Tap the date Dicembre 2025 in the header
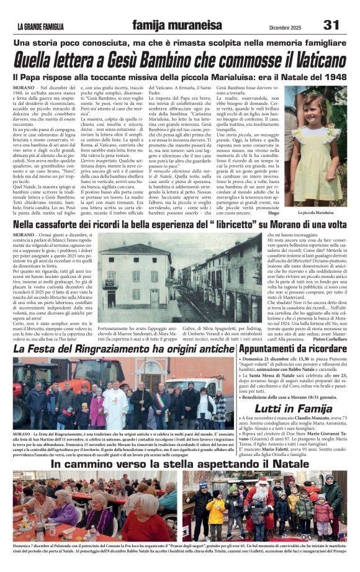(x=279, y=26)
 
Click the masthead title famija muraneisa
(x=176, y=25)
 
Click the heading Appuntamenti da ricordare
(x=291, y=349)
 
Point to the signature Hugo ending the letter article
(x=274, y=213)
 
